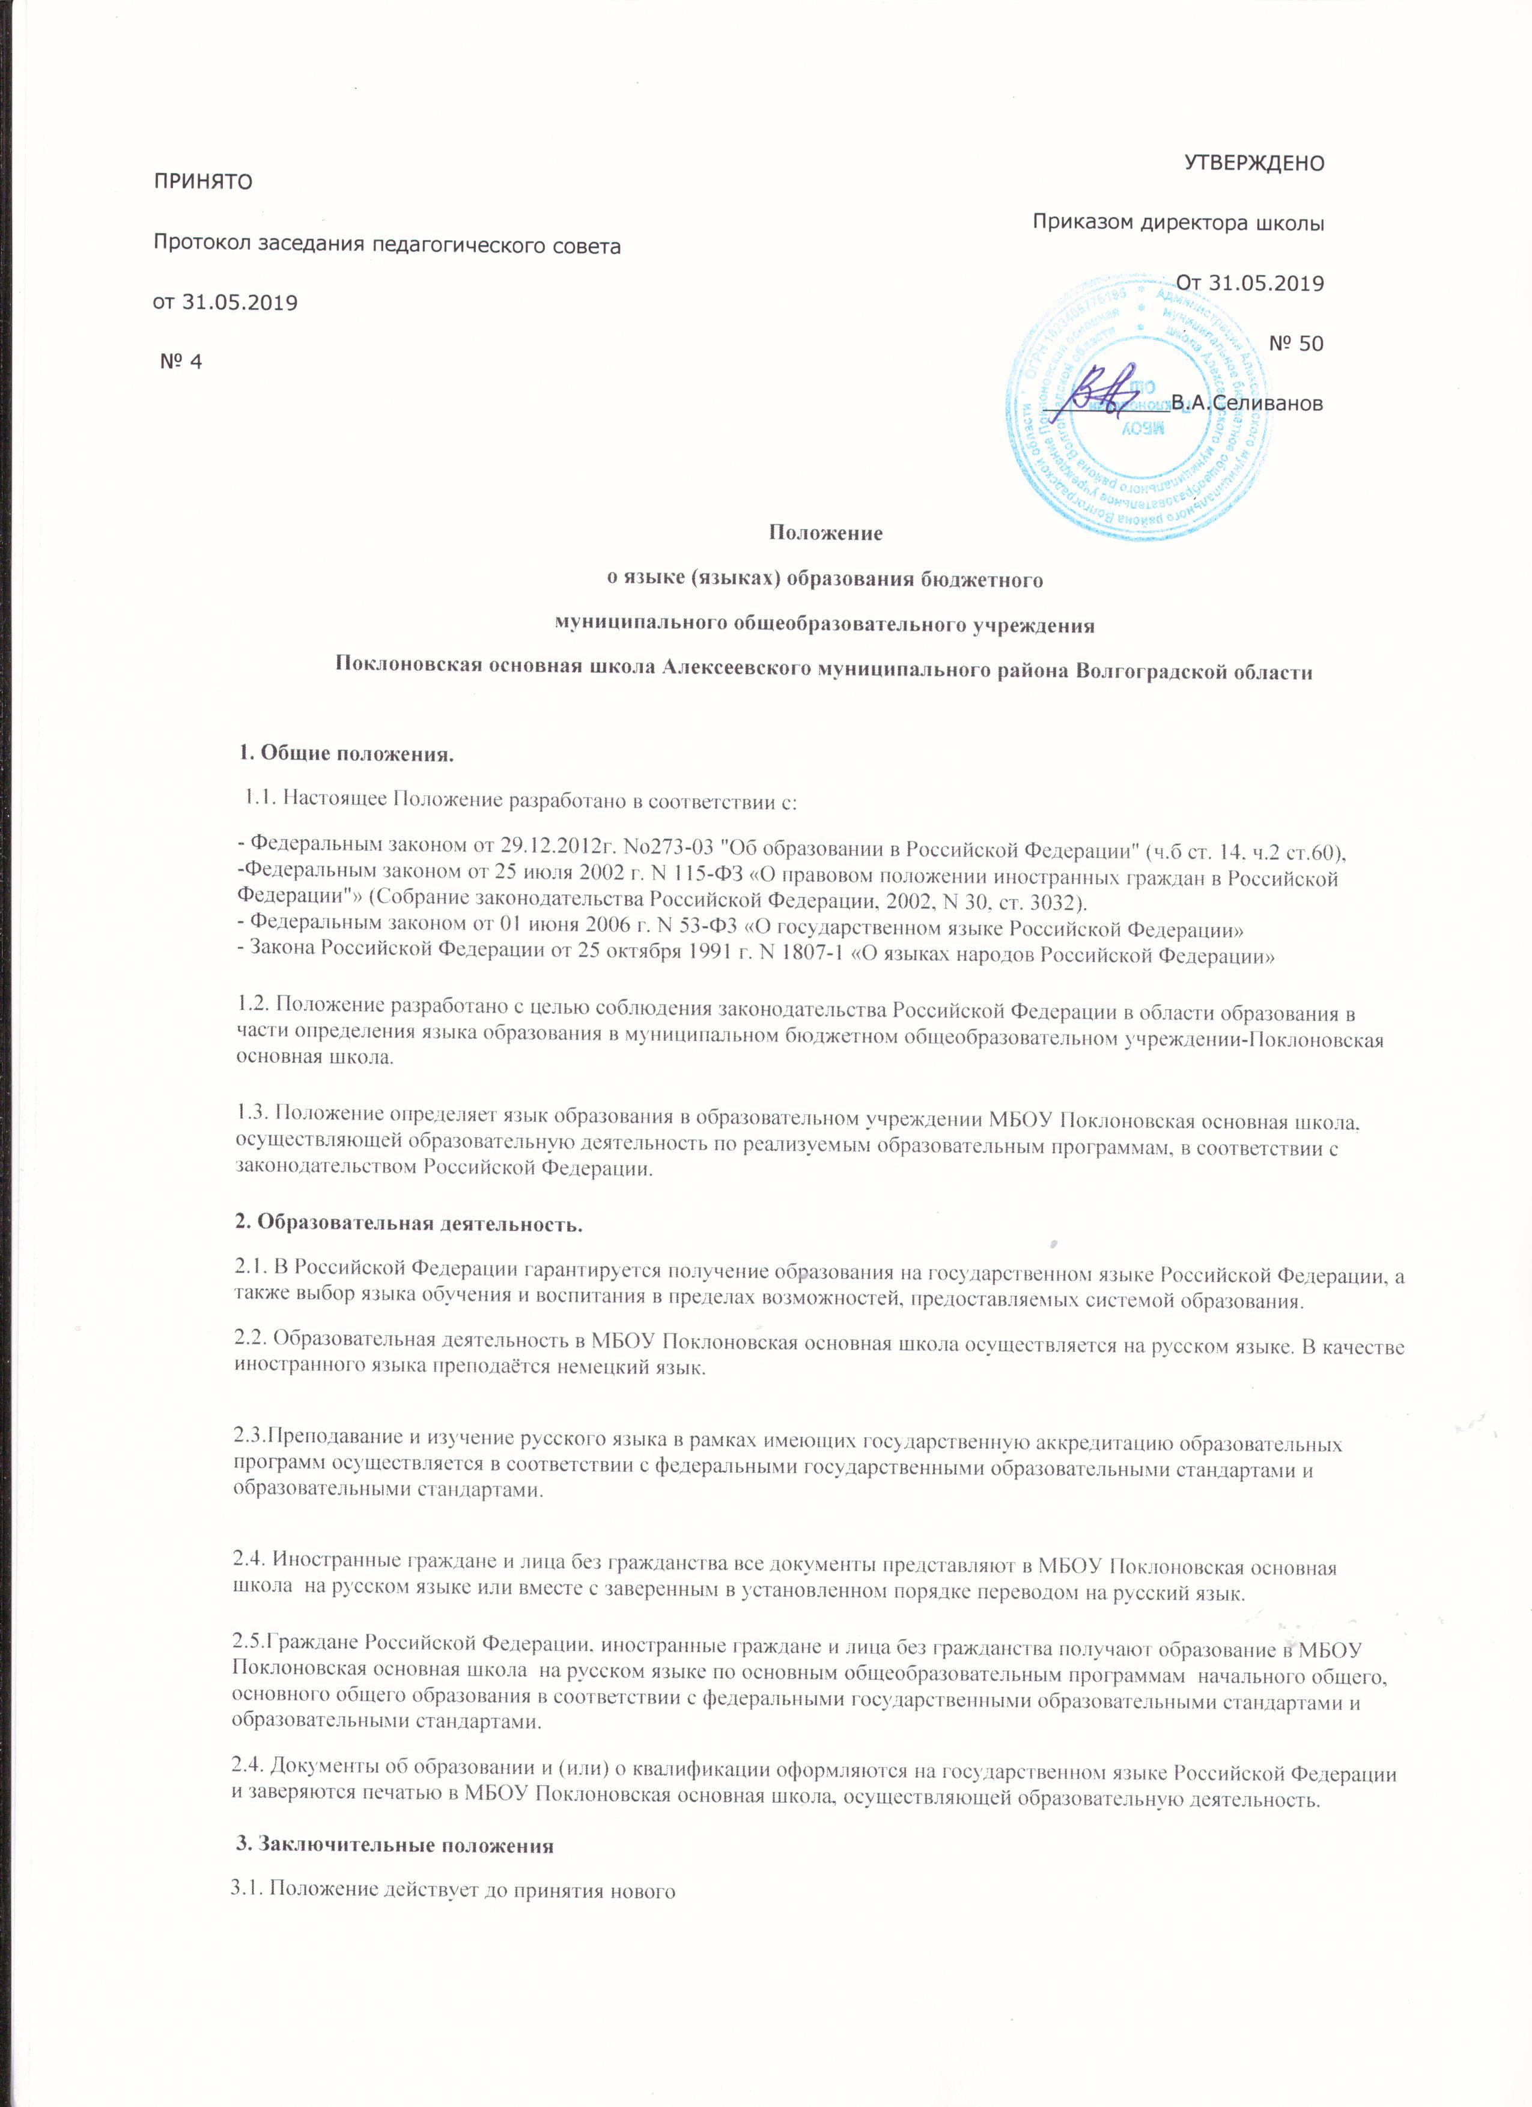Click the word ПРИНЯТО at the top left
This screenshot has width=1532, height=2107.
click(x=202, y=180)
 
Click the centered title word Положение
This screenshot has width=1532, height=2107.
click(x=824, y=535)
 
